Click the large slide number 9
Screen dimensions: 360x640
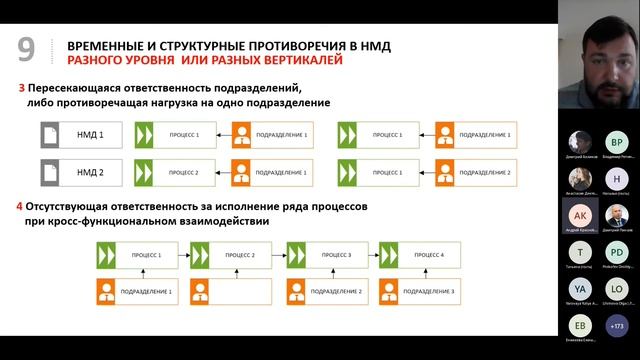(x=27, y=50)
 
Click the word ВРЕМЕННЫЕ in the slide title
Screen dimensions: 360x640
(x=110, y=45)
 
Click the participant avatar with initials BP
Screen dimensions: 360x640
(x=617, y=142)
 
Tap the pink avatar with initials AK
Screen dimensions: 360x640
(x=580, y=214)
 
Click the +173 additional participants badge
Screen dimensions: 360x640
(x=617, y=325)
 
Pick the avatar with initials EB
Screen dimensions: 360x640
(x=580, y=325)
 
